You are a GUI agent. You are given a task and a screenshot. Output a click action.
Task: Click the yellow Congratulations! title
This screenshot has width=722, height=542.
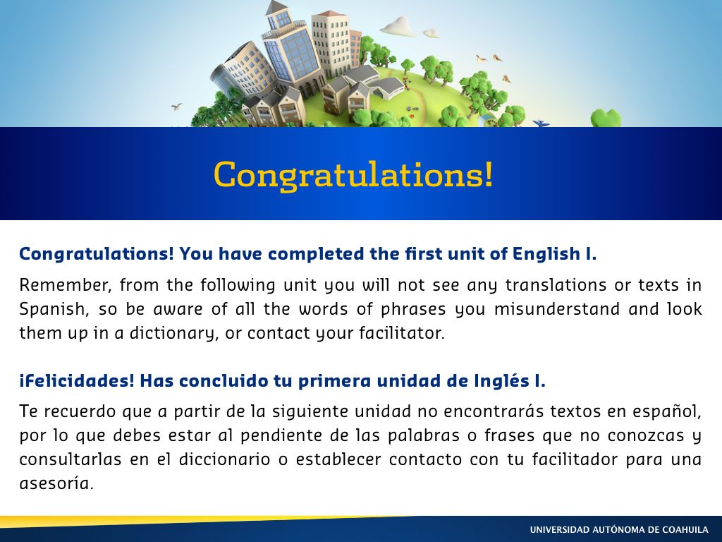(x=353, y=174)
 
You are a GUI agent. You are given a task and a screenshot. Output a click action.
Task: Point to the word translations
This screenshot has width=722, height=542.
(x=556, y=285)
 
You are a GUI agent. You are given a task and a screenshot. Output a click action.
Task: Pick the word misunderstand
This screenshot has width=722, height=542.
(x=557, y=309)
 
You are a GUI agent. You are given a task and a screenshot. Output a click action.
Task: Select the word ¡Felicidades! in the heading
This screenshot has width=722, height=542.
(x=77, y=381)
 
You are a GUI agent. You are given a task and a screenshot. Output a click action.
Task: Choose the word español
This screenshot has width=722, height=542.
(x=667, y=411)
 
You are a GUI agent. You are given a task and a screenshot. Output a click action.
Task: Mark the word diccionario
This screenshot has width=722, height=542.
(x=224, y=459)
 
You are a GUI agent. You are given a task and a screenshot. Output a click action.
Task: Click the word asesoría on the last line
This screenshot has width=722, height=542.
(x=56, y=483)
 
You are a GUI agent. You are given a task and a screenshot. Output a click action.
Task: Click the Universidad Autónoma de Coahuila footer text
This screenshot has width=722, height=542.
(x=619, y=530)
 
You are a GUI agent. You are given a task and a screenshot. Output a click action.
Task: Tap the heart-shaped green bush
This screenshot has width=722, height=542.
(x=606, y=118)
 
